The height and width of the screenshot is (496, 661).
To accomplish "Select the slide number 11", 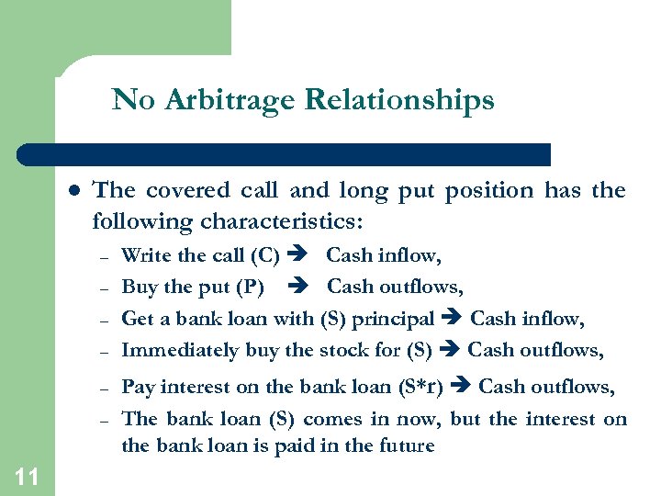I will point(27,476).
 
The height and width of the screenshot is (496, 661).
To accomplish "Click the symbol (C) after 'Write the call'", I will point(263,255).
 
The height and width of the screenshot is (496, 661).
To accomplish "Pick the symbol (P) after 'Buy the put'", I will point(249,287).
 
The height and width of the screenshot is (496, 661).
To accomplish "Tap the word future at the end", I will point(406,446).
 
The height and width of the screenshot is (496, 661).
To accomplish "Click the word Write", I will point(143,255).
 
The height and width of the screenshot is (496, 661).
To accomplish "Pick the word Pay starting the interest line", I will point(137,387).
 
